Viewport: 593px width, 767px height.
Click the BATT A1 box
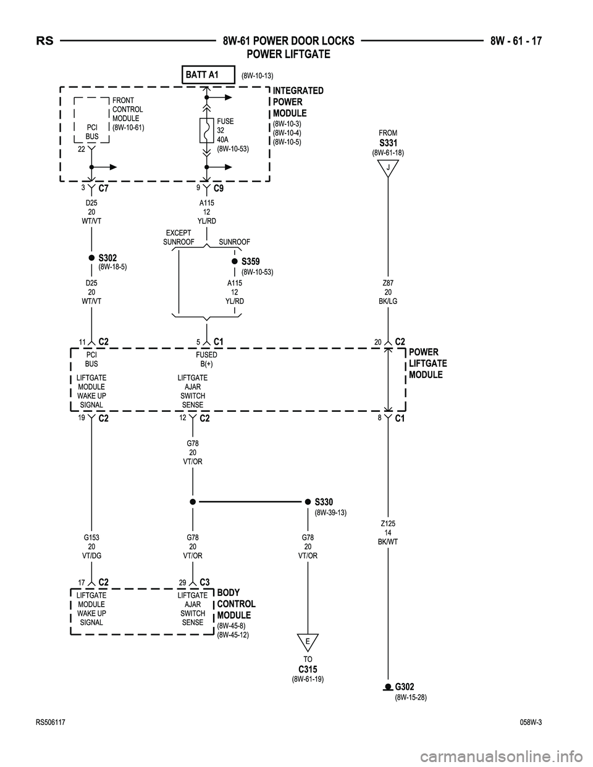pos(208,75)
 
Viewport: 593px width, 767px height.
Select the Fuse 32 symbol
pos(206,130)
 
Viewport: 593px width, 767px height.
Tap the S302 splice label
pos(107,258)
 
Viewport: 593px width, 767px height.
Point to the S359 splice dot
pos(235,262)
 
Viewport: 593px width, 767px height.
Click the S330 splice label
pos(324,501)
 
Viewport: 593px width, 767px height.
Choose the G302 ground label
pos(405,687)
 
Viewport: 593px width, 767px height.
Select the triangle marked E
pos(308,642)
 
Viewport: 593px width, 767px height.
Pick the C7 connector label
pos(103,188)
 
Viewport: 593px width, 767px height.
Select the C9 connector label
pos(219,188)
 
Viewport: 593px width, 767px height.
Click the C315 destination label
pos(308,669)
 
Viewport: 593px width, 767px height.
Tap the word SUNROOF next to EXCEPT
pos(179,242)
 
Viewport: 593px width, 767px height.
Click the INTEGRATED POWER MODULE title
pos(298,102)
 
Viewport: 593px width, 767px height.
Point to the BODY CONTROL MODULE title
pos(236,603)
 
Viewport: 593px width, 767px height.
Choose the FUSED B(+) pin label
pos(206,359)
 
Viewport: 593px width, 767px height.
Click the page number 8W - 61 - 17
pos(516,41)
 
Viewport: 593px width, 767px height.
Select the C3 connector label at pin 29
pos(204,582)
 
